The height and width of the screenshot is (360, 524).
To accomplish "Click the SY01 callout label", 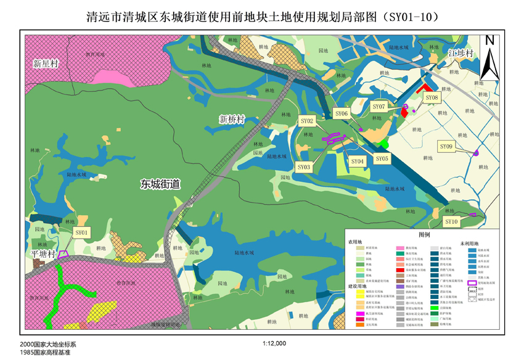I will pyautogui.click(x=82, y=232).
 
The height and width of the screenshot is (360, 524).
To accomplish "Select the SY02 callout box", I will pyautogui.click(x=307, y=121).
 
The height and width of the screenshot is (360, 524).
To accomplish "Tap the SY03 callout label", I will pyautogui.click(x=304, y=167).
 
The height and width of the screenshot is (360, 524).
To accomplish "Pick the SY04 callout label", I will pyautogui.click(x=358, y=162).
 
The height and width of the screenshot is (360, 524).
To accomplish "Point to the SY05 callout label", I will pyautogui.click(x=382, y=158).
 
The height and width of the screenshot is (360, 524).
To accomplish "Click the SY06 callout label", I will pyautogui.click(x=342, y=113).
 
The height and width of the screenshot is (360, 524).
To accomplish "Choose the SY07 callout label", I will pyautogui.click(x=379, y=107).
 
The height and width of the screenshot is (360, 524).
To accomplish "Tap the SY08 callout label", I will pyautogui.click(x=432, y=97).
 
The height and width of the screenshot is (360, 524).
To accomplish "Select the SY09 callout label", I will pyautogui.click(x=446, y=146).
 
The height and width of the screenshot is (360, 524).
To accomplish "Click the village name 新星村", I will pyautogui.click(x=46, y=63).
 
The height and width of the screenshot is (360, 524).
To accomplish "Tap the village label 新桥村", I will pyautogui.click(x=232, y=118).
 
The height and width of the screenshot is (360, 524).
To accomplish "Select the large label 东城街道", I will pyautogui.click(x=160, y=184).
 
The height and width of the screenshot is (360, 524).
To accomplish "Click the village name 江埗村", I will pyautogui.click(x=460, y=54).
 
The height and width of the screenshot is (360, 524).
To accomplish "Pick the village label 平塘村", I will pyautogui.click(x=44, y=253).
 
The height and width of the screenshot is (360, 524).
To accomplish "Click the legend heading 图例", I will pyautogui.click(x=424, y=235).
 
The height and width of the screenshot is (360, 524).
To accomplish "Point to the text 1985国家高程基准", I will pyautogui.click(x=44, y=353).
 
